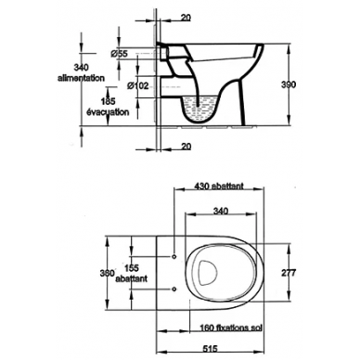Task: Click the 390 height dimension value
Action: [289, 84]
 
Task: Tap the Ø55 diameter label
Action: [119, 54]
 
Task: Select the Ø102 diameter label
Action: [138, 85]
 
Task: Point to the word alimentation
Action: [81, 78]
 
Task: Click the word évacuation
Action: [108, 112]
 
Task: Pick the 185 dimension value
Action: [108, 101]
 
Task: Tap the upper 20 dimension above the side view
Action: [186, 18]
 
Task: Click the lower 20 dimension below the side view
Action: [186, 147]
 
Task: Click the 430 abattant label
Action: [219, 186]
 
